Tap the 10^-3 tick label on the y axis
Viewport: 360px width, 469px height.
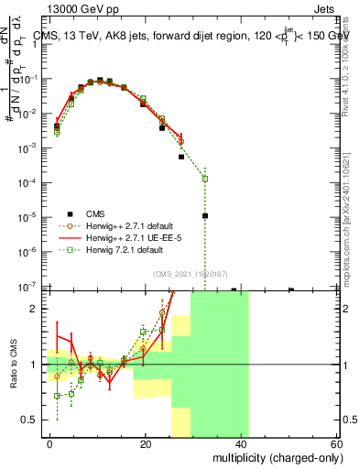pos(31,147)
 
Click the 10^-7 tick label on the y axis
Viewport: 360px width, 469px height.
pos(31,287)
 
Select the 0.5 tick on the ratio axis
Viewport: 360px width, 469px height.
pos(33,420)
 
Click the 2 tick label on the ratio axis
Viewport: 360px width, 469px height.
pos(38,309)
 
